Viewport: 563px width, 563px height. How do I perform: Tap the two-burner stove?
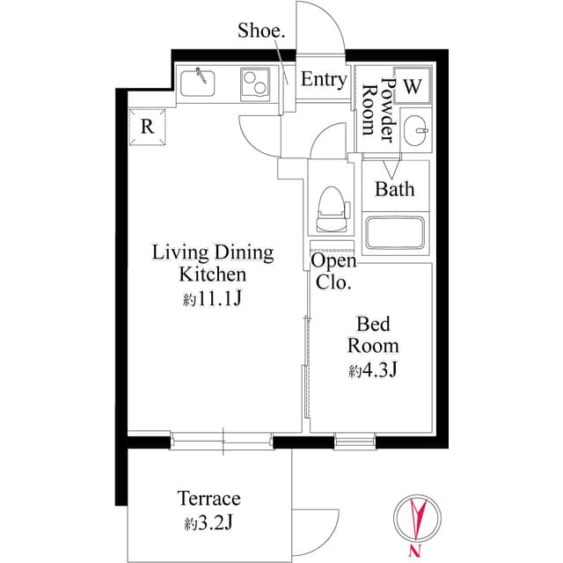[257, 84]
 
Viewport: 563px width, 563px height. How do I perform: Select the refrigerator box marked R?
[147, 126]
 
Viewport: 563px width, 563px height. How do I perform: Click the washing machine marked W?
[413, 86]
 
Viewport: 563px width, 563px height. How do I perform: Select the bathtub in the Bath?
[396, 233]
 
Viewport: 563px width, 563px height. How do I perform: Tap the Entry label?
[323, 80]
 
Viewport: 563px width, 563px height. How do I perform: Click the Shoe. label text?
[261, 32]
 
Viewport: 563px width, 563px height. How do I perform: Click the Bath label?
[394, 189]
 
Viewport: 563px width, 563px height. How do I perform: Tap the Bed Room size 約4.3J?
[373, 370]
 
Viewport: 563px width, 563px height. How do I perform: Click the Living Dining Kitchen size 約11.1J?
[212, 300]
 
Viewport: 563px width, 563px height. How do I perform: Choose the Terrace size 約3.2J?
[208, 524]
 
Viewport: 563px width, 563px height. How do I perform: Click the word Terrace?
[208, 499]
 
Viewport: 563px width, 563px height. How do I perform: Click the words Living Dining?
[213, 253]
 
